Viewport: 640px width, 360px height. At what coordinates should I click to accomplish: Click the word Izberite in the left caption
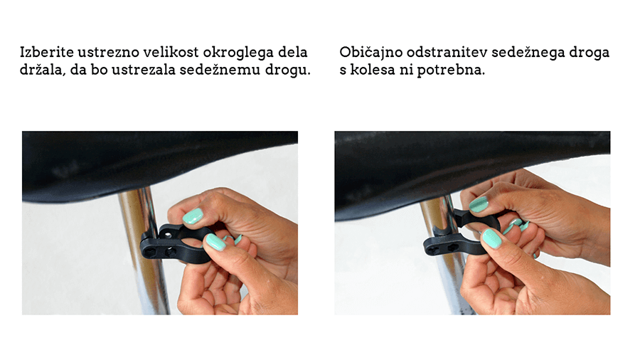pos(47,52)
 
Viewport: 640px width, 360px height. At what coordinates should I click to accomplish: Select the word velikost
pos(172,52)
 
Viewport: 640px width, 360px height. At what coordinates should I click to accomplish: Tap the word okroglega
pos(238,53)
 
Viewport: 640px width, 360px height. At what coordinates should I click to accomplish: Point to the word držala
pos(43,70)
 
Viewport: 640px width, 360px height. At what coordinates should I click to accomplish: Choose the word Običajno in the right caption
pos(371,53)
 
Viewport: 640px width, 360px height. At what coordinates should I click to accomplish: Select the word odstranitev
pos(447,52)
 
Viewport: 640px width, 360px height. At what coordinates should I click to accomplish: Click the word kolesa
pos(373,70)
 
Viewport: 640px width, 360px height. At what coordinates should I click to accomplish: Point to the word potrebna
pos(451,70)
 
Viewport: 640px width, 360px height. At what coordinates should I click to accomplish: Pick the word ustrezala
pos(144,70)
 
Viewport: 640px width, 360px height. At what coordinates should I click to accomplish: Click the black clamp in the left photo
pos(171,243)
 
